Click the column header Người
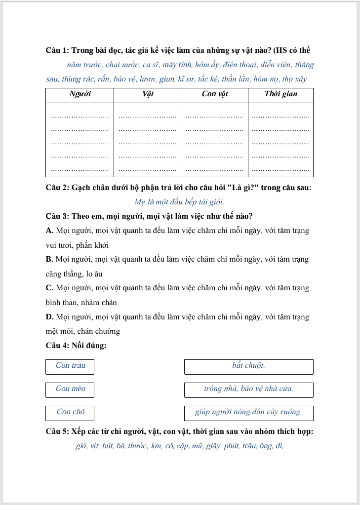pos(80,94)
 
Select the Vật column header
pos(147,94)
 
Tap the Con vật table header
pos(215,94)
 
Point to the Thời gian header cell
pos(280,94)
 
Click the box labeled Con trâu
pos(70,366)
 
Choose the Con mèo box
pos(70,389)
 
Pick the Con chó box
pos(70,412)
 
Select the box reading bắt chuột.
pos(248,366)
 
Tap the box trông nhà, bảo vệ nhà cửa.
pos(248,389)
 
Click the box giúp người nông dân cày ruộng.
pos(248,412)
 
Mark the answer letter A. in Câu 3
pos(49,231)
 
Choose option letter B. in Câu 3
pos(49,259)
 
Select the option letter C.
pos(49,288)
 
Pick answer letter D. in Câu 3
pos(49,317)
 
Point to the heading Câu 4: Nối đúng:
pos(76,346)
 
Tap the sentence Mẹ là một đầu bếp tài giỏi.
pos(179,202)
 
